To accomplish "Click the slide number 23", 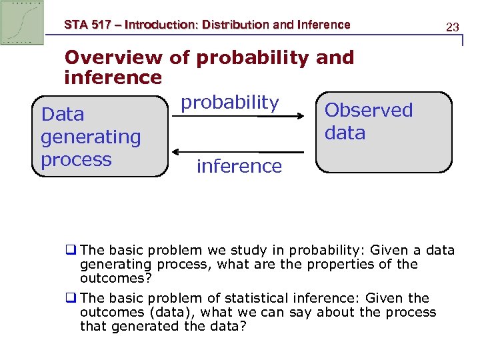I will [x=453, y=27].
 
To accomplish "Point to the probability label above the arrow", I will [x=230, y=102].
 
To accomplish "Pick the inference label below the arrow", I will [x=239, y=166].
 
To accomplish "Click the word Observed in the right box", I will [x=369, y=110].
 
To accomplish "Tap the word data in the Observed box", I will [x=345, y=133].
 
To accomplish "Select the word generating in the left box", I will [x=91, y=137].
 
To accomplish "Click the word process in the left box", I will [x=76, y=160].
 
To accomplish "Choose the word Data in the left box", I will [x=63, y=115].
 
